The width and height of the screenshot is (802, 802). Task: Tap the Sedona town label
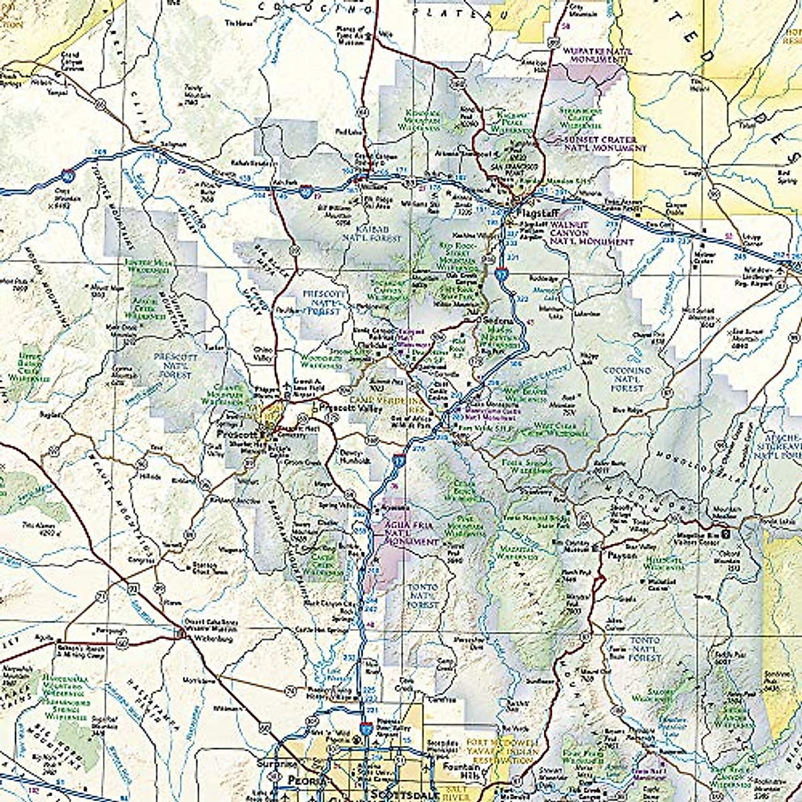[498, 321]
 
